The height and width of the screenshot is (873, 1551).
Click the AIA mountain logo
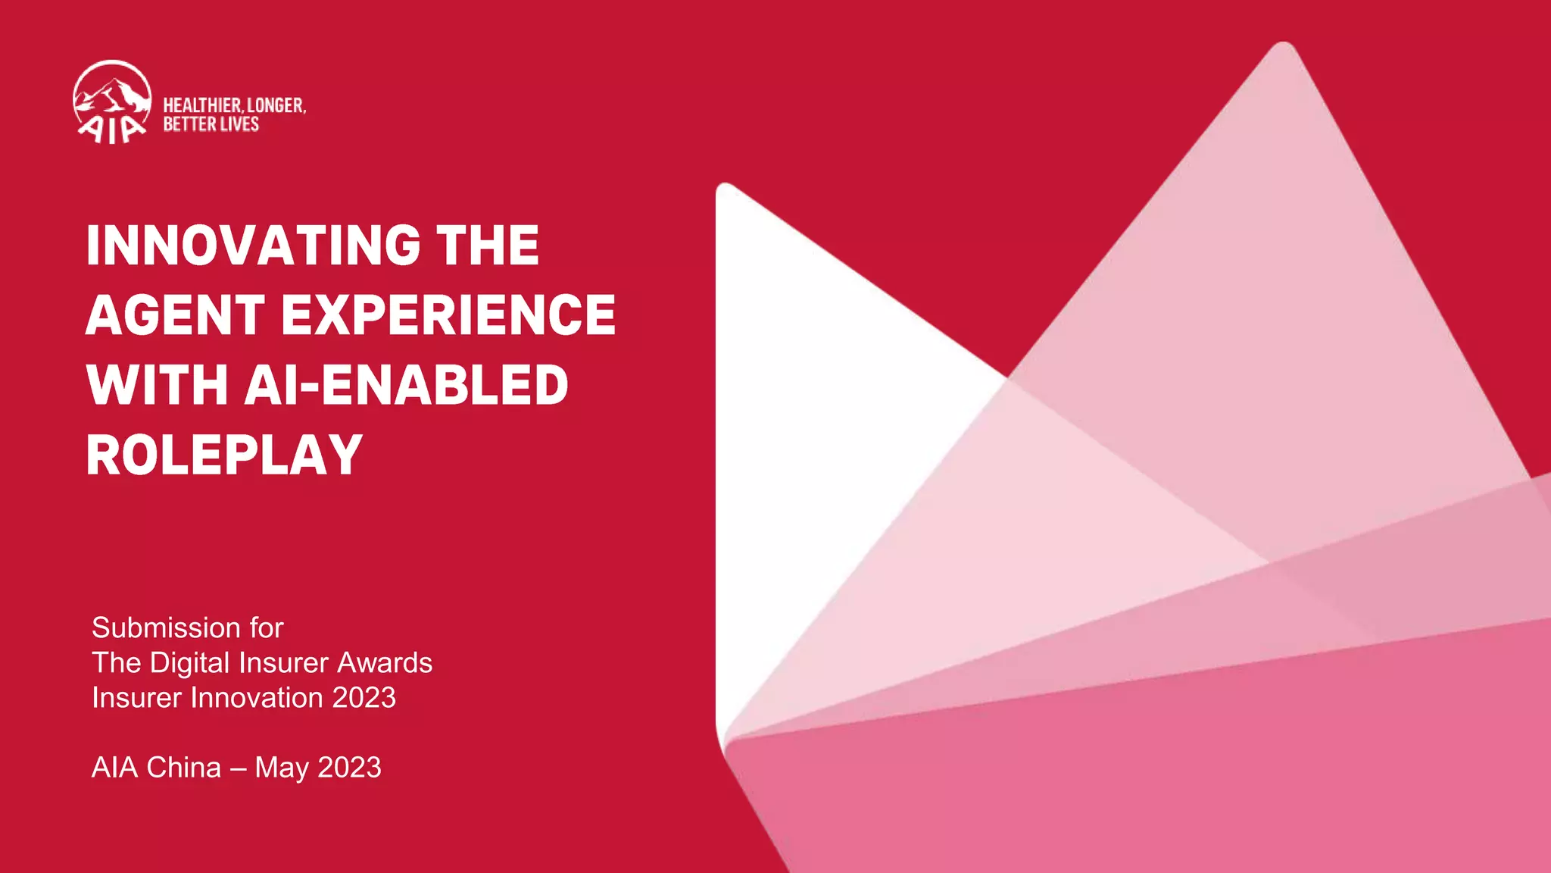point(112,102)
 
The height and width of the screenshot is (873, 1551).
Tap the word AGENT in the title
point(175,315)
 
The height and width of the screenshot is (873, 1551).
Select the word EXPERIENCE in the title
point(448,315)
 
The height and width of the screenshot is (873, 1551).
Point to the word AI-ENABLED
point(406,385)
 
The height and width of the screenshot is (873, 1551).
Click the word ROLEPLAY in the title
point(224,455)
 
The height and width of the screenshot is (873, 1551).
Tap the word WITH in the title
point(157,385)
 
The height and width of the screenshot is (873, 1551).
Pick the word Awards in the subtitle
point(384,662)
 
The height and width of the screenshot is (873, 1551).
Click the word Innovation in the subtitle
point(257,697)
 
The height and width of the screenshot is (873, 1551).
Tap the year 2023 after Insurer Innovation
point(364,697)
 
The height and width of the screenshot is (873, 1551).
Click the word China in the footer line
point(184,767)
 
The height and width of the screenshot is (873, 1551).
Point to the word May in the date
point(282,768)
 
